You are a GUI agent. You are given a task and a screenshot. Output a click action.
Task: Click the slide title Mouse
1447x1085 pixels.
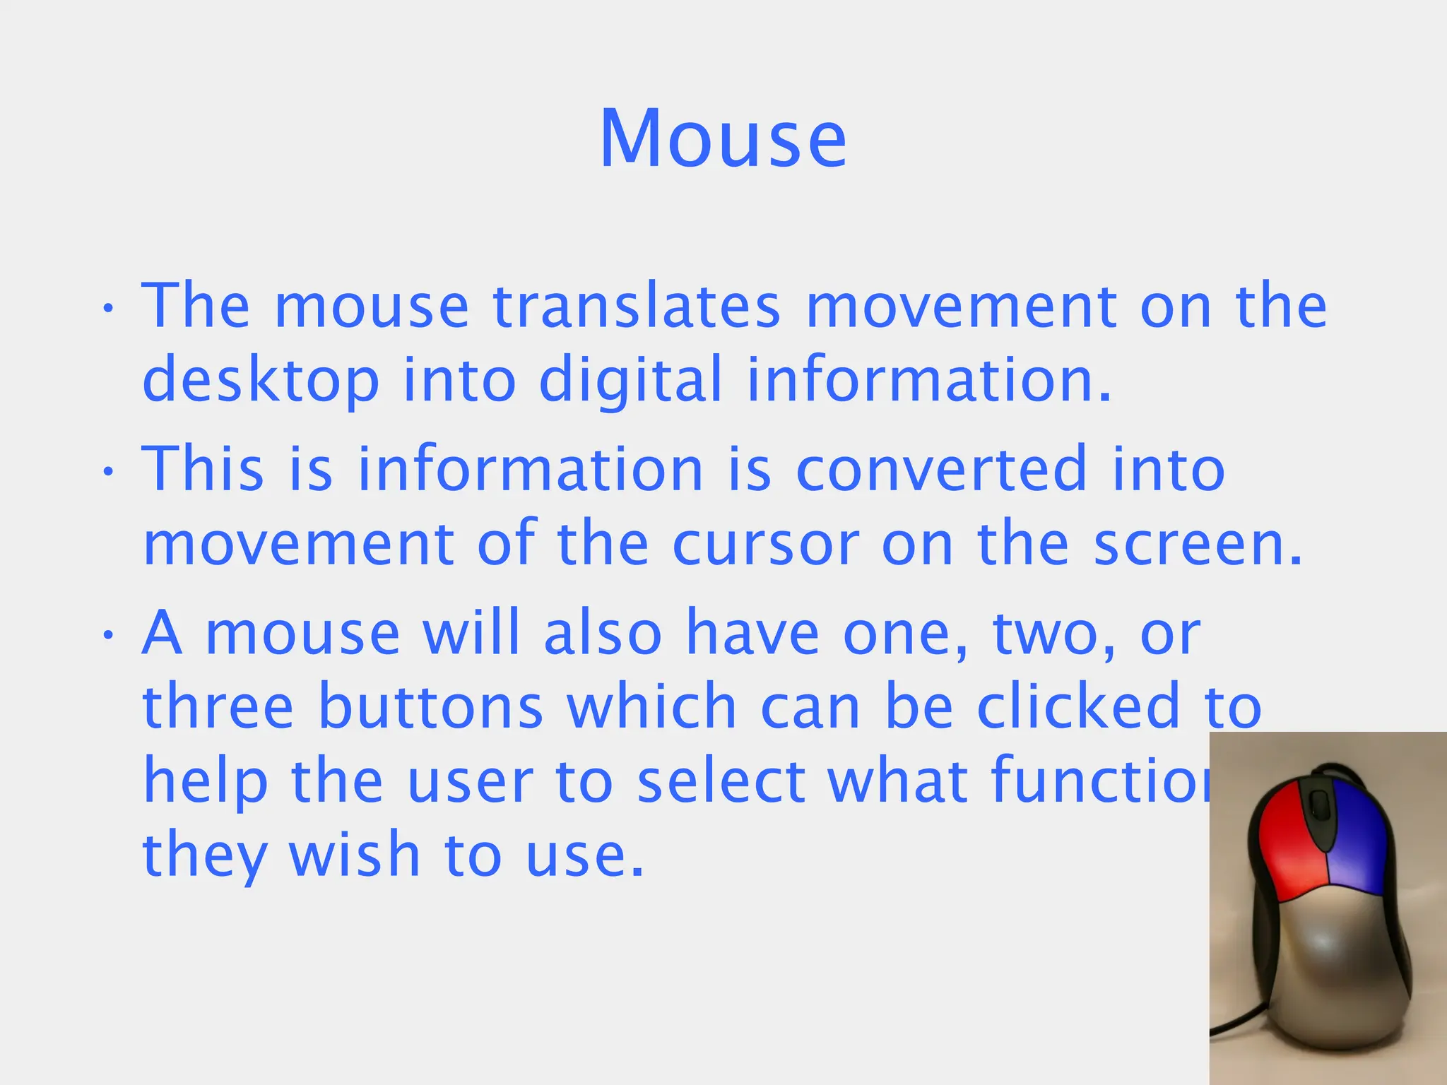click(x=723, y=138)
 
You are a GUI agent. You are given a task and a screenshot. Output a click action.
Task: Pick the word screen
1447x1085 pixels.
click(x=1197, y=545)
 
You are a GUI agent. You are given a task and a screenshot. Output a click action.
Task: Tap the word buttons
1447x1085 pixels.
click(x=431, y=706)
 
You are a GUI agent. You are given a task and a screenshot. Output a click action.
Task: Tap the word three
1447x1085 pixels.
click(x=218, y=706)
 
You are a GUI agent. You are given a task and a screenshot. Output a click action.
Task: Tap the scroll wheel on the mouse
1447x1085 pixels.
click(x=1319, y=803)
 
